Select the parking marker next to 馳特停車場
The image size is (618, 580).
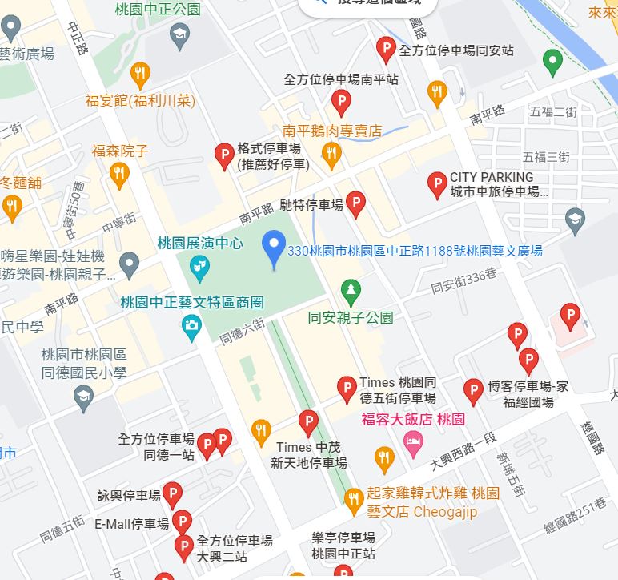coord(356,204)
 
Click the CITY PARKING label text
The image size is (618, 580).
coord(492,177)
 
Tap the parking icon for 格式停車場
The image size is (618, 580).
coord(225,155)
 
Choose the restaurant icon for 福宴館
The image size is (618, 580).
coord(140,74)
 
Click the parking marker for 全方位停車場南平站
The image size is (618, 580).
coord(341,102)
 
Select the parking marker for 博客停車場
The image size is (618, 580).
coord(473,391)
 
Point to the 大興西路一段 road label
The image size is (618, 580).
coord(463,451)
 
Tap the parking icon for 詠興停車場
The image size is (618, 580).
coord(172,495)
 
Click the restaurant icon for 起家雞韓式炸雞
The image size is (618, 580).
coord(354,501)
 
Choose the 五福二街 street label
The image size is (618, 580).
coord(553,111)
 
